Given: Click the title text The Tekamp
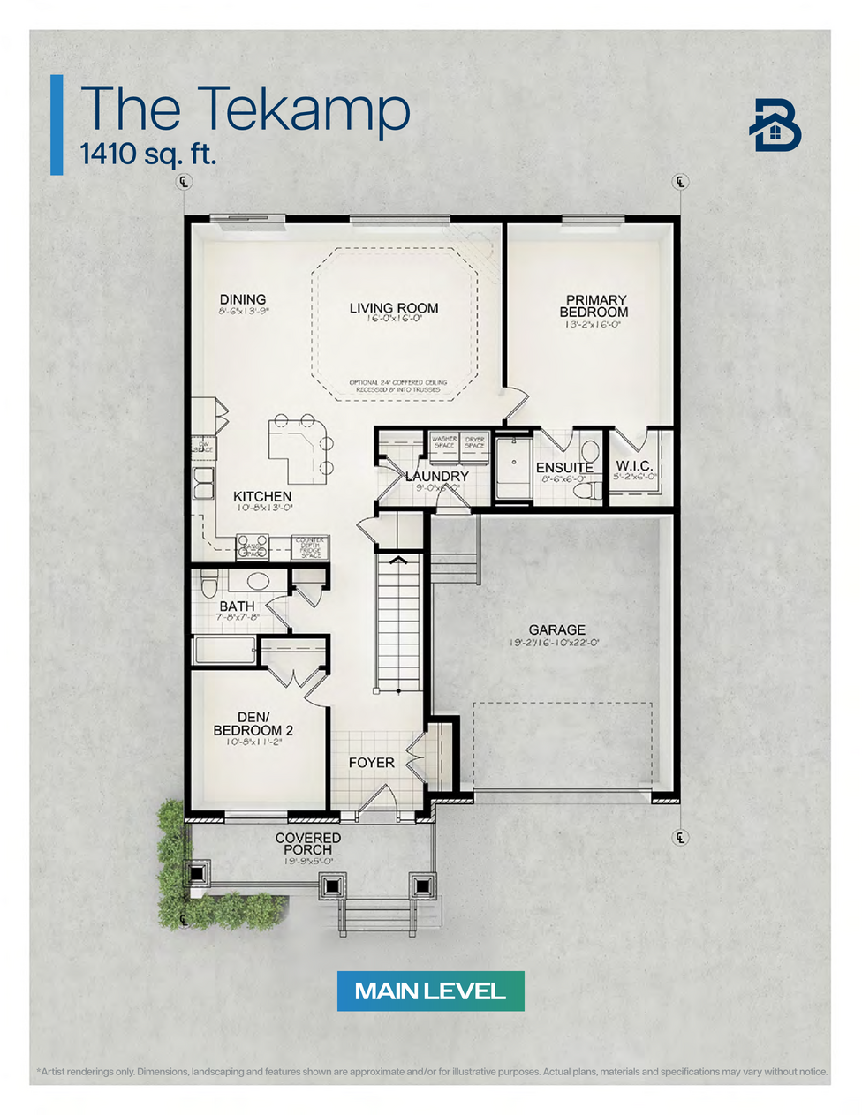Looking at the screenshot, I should (245, 109).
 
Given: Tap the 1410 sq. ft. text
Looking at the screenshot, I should (147, 154).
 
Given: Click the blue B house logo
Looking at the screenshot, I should (775, 125).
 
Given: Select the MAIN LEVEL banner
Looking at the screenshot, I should (430, 991).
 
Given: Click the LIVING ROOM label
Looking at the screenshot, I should (393, 308).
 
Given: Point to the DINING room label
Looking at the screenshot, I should (243, 300).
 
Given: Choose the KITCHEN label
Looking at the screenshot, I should (262, 496).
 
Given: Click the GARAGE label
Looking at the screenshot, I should (556, 629).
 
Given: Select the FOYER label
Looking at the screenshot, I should (371, 762).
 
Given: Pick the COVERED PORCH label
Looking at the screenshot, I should (308, 843).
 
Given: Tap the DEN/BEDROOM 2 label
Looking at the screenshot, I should (253, 724).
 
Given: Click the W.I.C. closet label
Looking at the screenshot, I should (635, 465).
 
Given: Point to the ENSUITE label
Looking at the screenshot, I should (563, 467).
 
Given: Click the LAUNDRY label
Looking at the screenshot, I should (436, 476).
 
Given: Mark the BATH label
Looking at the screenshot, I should (237, 606).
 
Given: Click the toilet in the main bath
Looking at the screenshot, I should (209, 584).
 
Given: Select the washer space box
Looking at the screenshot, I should (444, 441).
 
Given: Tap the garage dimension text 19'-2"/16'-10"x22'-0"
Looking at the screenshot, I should (555, 643).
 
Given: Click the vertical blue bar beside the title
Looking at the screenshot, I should (57, 124).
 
